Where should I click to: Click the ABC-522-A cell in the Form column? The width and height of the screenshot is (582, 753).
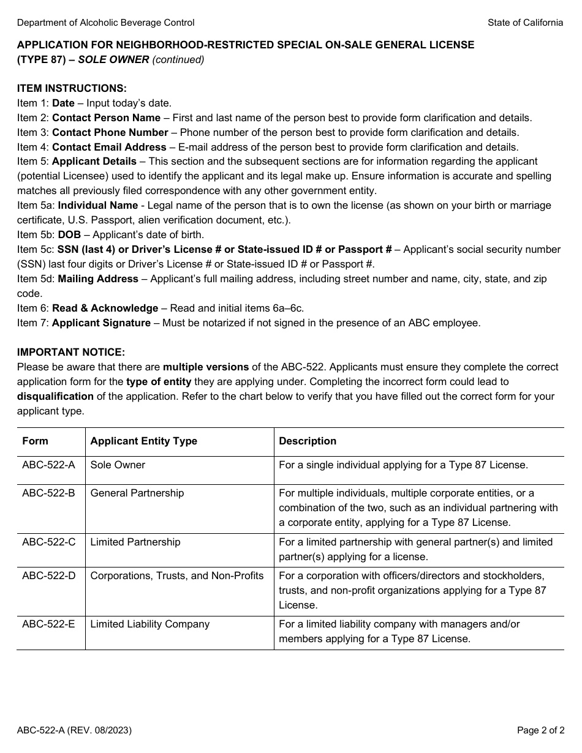point(48,465)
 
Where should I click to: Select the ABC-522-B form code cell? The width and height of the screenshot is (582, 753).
point(48,493)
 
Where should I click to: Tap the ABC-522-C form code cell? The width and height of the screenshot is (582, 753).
point(48,542)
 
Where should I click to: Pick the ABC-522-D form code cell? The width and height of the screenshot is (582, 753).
point(48,575)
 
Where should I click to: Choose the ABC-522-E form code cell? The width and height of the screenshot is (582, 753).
point(48,624)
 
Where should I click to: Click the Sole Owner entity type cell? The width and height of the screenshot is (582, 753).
point(118,465)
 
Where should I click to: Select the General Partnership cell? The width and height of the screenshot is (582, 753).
point(137,493)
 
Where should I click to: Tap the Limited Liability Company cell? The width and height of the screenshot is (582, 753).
point(149,624)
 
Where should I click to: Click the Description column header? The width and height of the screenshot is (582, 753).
point(308,441)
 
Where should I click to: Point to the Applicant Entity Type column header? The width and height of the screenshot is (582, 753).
point(143,441)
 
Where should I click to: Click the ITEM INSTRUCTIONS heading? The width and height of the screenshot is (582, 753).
point(72,88)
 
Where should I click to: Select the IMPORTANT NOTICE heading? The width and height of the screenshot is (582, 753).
point(70,352)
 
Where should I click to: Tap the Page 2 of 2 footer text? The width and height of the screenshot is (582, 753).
point(540,730)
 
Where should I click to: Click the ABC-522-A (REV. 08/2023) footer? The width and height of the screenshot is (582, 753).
point(74,730)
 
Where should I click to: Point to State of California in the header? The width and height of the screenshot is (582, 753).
point(525,23)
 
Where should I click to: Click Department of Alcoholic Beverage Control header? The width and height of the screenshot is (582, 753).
point(105,23)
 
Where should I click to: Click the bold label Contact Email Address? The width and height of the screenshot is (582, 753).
point(109,147)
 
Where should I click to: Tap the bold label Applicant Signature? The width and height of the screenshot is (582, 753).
point(101,323)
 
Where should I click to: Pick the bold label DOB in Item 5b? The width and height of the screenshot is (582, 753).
point(69,234)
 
